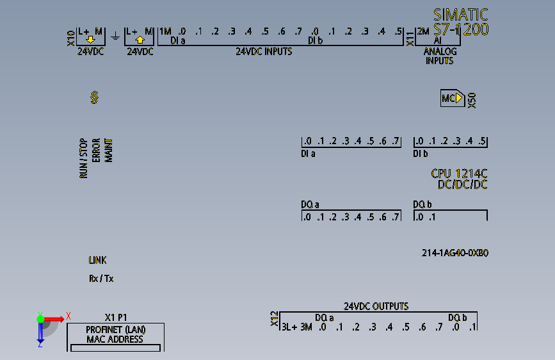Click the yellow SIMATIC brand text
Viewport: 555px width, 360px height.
pyautogui.click(x=461, y=15)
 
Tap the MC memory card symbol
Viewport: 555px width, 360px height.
pyautogui.click(x=452, y=98)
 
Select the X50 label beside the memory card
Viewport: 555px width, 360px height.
pyautogui.click(x=472, y=100)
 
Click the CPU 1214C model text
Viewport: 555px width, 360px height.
pyautogui.click(x=459, y=174)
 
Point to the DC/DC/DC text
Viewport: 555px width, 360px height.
pyautogui.click(x=462, y=184)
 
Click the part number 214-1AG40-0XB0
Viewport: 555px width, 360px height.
pyautogui.click(x=455, y=253)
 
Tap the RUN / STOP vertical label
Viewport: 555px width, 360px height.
pyautogui.click(x=83, y=158)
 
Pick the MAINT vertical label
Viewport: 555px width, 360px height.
pyautogui.click(x=108, y=149)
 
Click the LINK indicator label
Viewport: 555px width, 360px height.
pyautogui.click(x=97, y=260)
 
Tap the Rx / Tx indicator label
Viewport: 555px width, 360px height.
pyautogui.click(x=101, y=279)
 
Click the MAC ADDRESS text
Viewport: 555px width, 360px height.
pyautogui.click(x=115, y=339)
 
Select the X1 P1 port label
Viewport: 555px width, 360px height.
pyautogui.click(x=116, y=317)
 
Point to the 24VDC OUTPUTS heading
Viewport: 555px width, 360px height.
pyautogui.click(x=376, y=306)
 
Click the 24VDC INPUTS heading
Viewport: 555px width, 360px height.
pyautogui.click(x=264, y=51)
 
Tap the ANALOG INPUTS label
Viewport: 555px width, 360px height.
pyautogui.click(x=439, y=56)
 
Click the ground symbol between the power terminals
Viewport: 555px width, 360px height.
pyautogui.click(x=115, y=35)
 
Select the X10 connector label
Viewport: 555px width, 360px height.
pyautogui.click(x=71, y=38)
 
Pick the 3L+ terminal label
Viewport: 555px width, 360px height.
pyautogui.click(x=289, y=327)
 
